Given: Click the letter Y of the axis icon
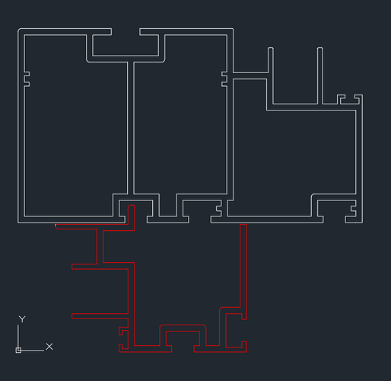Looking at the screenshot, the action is [x=22, y=319].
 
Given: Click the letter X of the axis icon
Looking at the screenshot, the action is [x=49, y=347].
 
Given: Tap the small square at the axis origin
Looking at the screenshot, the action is [x=18, y=351].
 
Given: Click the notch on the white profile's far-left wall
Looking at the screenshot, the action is [x=27, y=79].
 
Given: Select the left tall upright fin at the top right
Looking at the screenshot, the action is [x=271, y=75].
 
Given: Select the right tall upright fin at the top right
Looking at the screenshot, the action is [x=320, y=75].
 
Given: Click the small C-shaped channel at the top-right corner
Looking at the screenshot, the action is [x=350, y=99].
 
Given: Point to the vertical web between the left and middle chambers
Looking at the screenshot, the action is [x=131, y=128].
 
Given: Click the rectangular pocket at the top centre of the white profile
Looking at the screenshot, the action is [x=126, y=46].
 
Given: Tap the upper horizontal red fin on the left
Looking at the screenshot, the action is [x=100, y=267].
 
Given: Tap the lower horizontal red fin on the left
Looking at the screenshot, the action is [x=100, y=316].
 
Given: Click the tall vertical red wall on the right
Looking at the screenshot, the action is [x=243, y=271].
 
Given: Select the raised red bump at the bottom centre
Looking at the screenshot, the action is [x=183, y=328].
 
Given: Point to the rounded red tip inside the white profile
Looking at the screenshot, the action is [x=132, y=206].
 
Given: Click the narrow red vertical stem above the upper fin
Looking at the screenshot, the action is [x=100, y=246].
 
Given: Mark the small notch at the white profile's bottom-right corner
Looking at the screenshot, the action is [x=353, y=209].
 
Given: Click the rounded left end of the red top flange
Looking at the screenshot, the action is [x=56, y=226].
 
